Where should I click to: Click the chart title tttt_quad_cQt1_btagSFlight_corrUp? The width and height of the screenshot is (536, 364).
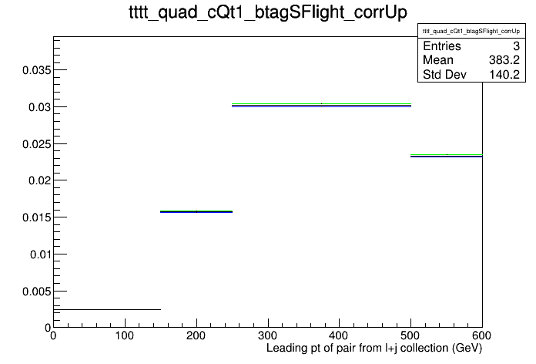coord(268,13)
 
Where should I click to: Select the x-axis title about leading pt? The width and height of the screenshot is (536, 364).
coord(374,349)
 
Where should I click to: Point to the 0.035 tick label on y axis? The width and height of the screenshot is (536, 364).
coord(36,70)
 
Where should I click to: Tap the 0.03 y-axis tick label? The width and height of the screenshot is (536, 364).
coord(39,107)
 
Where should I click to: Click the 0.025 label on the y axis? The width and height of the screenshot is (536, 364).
coord(36,144)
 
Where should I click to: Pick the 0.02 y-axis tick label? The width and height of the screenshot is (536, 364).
coord(39,180)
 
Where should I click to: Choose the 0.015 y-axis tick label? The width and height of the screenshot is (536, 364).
coord(36,217)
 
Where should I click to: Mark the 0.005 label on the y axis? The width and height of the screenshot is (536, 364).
coord(36,292)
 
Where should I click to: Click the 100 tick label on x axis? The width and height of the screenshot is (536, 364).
coord(125,335)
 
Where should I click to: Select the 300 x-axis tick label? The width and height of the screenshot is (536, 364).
coord(268,335)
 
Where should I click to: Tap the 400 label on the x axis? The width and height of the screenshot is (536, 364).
coord(339,335)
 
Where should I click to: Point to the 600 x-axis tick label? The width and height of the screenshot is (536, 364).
coord(481,335)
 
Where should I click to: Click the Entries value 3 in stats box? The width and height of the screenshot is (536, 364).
coord(516,45)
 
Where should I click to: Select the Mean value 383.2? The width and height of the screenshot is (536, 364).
coord(504,60)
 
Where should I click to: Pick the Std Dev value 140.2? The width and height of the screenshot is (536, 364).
coord(504,74)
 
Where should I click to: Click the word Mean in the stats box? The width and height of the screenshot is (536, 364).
coord(438,60)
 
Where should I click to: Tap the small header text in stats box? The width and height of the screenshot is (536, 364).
coord(471,31)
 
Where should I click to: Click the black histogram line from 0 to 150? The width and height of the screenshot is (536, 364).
coord(107,309)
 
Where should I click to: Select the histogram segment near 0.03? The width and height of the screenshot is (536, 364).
coord(321,105)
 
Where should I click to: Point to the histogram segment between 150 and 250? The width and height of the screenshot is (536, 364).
coord(196,211)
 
